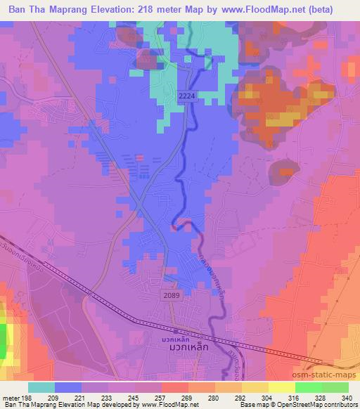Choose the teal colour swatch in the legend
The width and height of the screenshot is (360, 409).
tap(41, 388)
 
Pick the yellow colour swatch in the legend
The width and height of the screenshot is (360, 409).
tap(281, 388)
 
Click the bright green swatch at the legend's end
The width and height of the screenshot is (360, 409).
tap(335, 388)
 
